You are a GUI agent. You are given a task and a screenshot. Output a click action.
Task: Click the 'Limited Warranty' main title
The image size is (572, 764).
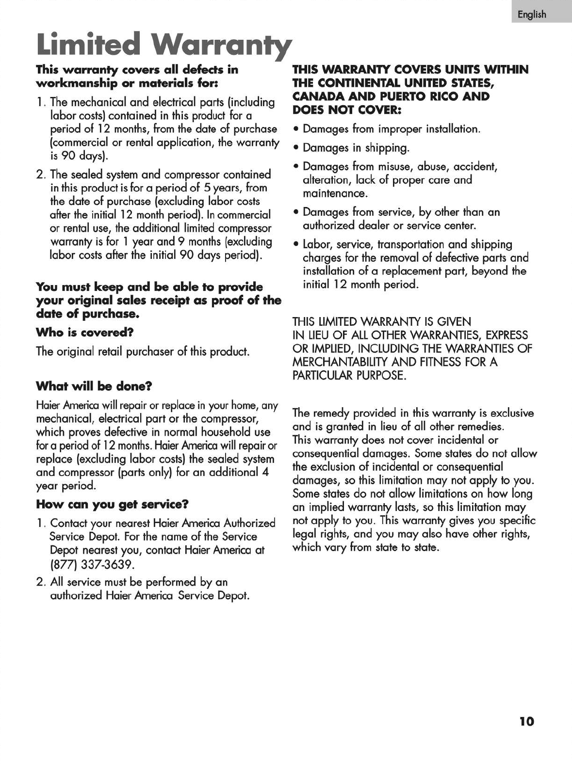pos(164,45)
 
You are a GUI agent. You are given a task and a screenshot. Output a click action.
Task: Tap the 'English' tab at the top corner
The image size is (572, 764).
pos(532,15)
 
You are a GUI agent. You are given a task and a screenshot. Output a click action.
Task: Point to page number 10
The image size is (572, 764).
pos(526,721)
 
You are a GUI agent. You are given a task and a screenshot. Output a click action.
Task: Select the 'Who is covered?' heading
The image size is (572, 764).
pos(85,333)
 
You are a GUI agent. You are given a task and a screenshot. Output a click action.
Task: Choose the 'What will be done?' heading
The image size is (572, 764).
pos(94,386)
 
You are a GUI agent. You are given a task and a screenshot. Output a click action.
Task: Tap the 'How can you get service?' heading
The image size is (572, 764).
pos(112,504)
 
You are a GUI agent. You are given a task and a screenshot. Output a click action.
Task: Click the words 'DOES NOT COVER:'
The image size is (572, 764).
pos(346,110)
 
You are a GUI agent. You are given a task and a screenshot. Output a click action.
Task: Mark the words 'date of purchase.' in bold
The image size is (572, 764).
pos(88,314)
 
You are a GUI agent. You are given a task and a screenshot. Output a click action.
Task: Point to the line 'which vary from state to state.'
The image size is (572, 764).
pos(366,548)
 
